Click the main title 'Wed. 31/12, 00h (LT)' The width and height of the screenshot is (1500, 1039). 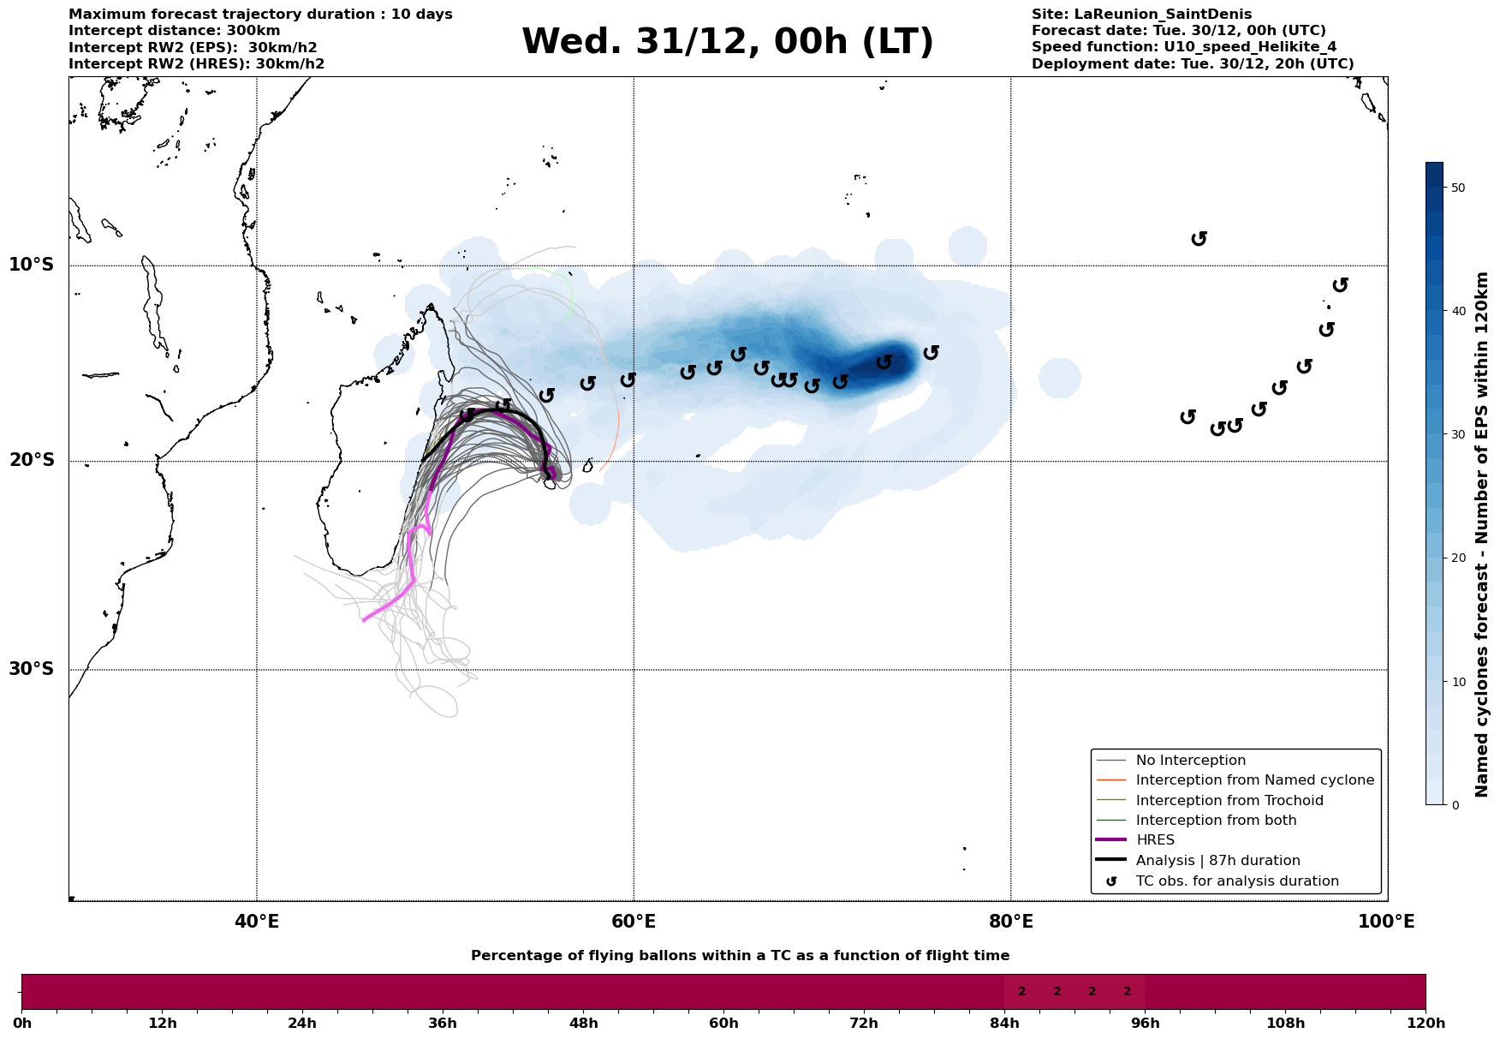click(727, 42)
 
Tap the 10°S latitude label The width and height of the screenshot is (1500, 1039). click(32, 265)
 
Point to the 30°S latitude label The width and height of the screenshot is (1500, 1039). click(32, 669)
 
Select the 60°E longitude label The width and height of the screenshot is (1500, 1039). click(634, 923)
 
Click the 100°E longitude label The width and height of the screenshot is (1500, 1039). click(1386, 923)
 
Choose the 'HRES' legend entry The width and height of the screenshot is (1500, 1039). click(1155, 840)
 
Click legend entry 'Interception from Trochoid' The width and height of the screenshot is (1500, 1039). click(1229, 801)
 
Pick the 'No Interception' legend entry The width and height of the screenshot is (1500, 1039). click(1190, 761)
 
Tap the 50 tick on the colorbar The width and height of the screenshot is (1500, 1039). click(1451, 188)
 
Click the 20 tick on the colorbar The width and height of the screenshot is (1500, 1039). click(1451, 558)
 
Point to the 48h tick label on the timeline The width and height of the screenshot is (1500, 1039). click(583, 1023)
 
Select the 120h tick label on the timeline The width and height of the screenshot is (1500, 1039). click(1425, 1023)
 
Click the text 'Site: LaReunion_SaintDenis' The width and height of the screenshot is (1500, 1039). click(1141, 15)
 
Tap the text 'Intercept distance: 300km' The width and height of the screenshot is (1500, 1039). click(174, 31)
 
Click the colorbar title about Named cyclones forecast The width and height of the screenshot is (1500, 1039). click(1482, 534)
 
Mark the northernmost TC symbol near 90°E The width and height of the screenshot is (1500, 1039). click(1199, 238)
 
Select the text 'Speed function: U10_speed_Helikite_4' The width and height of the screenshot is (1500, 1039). click(1183, 47)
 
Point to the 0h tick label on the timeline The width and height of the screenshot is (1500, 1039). click(22, 1023)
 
